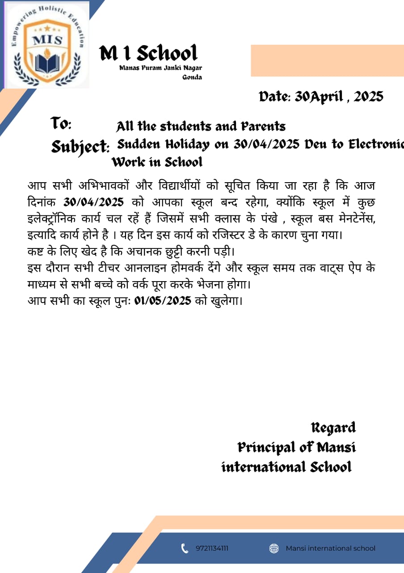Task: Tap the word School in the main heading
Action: point(167,54)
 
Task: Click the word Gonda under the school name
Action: point(192,77)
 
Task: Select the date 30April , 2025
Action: point(321,96)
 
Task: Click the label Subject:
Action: point(80,146)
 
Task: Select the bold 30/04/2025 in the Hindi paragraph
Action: point(93,202)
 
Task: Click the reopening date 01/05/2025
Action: point(163,300)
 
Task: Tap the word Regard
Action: point(333,428)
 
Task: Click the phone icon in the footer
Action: point(185,548)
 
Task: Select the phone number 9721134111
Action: point(212,548)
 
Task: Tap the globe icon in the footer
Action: point(274,548)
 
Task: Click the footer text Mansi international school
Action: point(330,548)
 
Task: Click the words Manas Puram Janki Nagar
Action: point(160,68)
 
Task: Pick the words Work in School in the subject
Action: point(157,162)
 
